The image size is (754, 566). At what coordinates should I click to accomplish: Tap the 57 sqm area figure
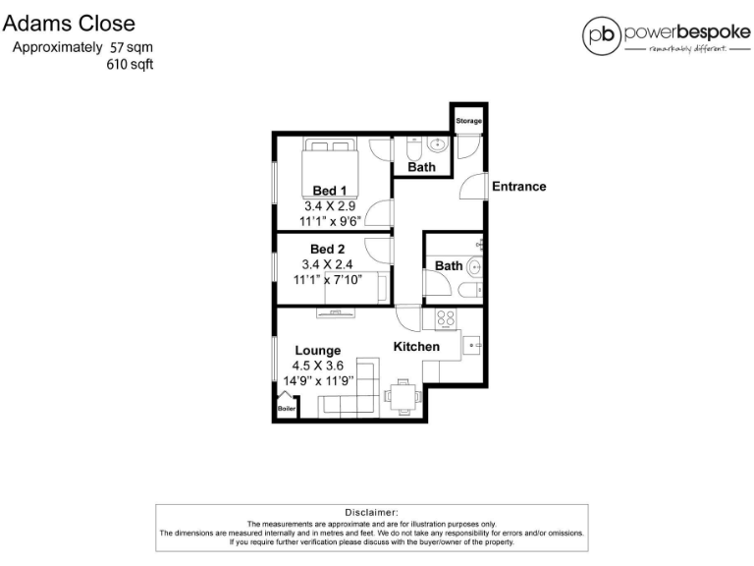132,47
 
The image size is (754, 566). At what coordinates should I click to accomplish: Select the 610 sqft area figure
130,65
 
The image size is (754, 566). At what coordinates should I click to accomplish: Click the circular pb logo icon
601,35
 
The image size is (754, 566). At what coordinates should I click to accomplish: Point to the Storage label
468,121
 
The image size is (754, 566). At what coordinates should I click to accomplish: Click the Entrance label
518,187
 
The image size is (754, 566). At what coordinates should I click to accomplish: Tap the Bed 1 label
329,191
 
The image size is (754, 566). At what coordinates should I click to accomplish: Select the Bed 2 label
327,249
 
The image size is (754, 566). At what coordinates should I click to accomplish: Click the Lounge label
318,350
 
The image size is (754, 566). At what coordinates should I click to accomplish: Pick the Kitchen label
416,347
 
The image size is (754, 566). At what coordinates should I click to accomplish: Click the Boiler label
287,408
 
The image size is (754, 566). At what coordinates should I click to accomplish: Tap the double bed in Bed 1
329,160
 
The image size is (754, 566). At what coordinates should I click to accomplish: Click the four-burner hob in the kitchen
445,319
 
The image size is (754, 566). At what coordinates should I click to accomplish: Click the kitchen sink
472,346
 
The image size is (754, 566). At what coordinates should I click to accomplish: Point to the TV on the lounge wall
336,313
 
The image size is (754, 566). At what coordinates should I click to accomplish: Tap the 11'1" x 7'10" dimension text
328,279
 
